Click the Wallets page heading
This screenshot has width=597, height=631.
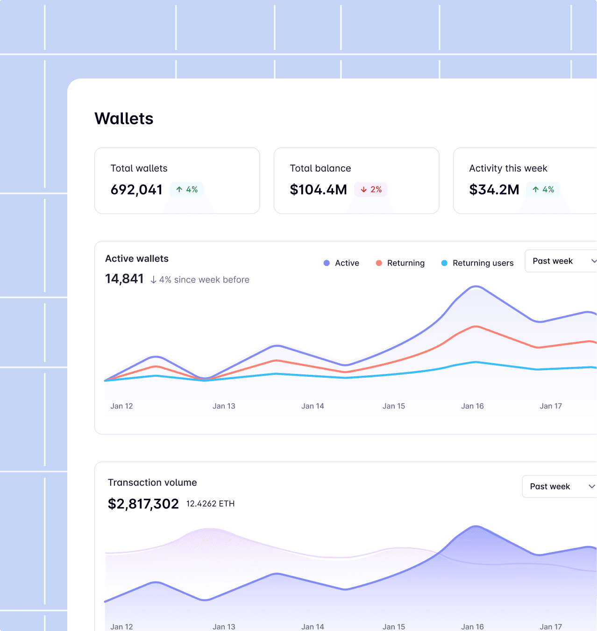tap(124, 119)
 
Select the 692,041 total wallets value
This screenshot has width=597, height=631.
tap(136, 190)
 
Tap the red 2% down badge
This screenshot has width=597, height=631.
tap(371, 189)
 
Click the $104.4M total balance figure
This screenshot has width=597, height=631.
tap(318, 190)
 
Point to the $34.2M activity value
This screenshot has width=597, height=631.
tap(494, 190)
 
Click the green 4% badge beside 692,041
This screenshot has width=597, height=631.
tap(186, 189)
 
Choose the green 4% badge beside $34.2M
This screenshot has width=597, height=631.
tap(543, 189)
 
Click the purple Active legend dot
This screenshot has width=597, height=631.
tap(327, 263)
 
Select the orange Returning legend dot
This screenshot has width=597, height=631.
tap(379, 263)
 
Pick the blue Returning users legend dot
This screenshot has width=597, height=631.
tap(444, 263)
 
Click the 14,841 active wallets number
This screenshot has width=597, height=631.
tap(124, 279)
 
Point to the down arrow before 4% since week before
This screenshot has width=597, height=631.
tap(153, 280)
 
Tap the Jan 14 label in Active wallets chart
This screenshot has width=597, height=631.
tap(313, 406)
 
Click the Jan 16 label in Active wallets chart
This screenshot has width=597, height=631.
tap(472, 406)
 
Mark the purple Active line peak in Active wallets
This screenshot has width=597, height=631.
tap(476, 286)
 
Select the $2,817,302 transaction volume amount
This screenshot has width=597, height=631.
tap(143, 504)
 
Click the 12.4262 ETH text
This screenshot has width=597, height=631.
tap(210, 504)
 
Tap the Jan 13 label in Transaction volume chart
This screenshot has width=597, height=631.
tap(224, 626)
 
